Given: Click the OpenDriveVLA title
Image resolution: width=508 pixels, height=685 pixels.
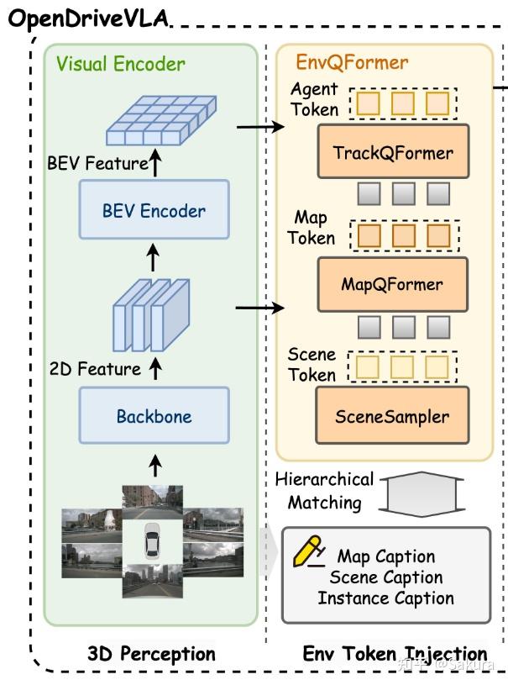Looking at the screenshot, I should coord(88,18).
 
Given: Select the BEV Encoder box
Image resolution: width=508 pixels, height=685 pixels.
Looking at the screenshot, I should coord(154,210).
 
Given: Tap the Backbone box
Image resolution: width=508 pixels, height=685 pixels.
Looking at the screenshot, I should coord(154,415).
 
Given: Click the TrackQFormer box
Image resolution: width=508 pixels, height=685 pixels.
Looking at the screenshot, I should coord(393,152).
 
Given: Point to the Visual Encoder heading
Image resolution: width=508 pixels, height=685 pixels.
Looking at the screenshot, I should coord(121,64).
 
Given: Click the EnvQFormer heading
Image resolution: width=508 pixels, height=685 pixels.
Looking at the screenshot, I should coord(352,62).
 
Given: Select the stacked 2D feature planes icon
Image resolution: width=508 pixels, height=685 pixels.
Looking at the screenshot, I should coord(152,314).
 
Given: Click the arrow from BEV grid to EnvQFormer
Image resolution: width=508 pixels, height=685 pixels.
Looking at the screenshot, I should coord(260,128).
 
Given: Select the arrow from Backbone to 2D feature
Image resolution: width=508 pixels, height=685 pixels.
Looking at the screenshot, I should coord(154,368).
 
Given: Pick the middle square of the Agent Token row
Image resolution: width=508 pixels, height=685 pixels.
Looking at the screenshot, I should coord(402,103).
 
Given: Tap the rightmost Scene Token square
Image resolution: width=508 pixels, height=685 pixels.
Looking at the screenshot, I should coord(437,366).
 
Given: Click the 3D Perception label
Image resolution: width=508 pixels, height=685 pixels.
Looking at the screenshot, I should coord(151,653).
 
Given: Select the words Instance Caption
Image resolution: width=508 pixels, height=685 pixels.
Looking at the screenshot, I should coord(385,598).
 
